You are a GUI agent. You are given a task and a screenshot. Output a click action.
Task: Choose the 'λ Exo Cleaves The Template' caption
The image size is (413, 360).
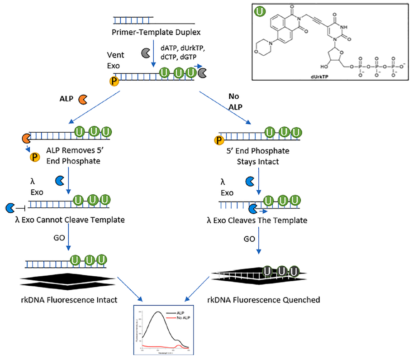coord(256,221)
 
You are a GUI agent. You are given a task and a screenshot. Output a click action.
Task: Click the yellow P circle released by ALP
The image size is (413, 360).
coord(34,157)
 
